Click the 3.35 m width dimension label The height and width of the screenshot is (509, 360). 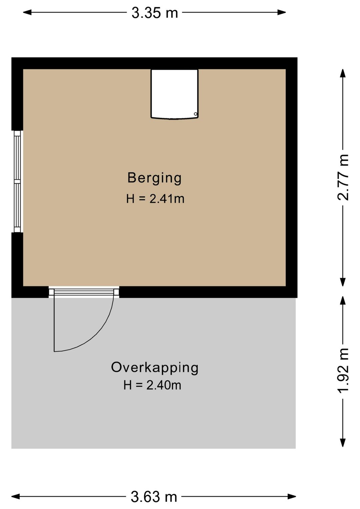point(155,13)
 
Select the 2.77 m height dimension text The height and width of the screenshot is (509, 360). point(343,177)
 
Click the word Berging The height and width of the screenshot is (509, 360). point(154,178)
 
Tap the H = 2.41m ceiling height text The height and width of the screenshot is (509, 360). point(155,199)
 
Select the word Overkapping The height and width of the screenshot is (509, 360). point(155,368)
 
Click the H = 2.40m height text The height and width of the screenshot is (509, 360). point(152,385)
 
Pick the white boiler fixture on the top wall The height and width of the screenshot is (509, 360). point(174,94)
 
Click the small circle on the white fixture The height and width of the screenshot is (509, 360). point(195,114)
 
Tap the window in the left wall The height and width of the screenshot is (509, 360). point(17,181)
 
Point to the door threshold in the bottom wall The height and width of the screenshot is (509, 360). point(84,292)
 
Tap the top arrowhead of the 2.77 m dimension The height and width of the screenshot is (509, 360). point(343,73)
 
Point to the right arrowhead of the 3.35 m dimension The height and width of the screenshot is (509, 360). point(281,12)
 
